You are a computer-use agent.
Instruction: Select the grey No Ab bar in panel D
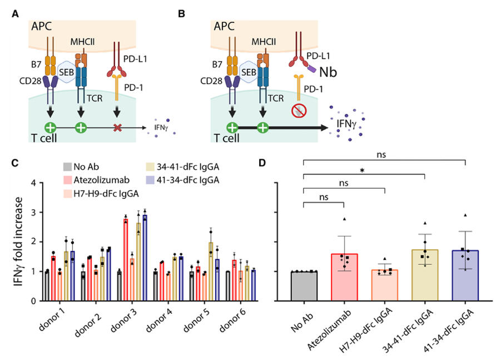(x=305, y=286)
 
